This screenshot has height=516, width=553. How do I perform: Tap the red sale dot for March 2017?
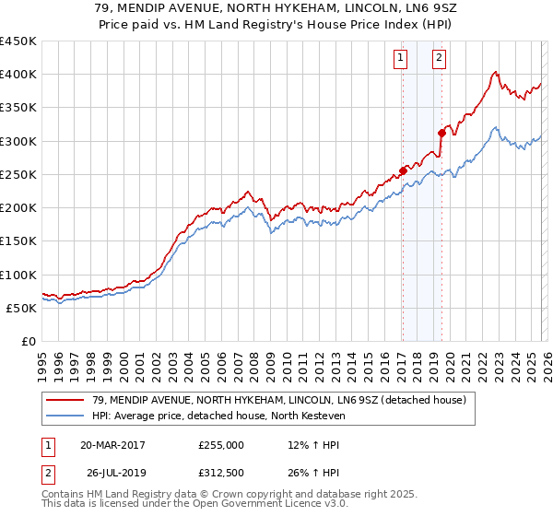point(403,170)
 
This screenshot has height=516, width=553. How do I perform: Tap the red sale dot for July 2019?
point(441,132)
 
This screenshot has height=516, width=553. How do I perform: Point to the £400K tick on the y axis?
point(18,75)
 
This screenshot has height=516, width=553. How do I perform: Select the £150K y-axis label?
point(18,241)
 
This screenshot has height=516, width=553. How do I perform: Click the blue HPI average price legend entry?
point(218,416)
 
